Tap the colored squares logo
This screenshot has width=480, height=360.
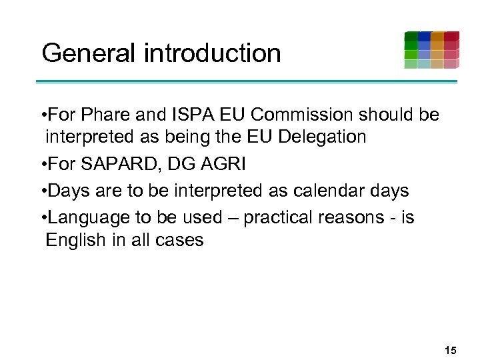(431, 50)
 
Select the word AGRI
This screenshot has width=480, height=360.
(221, 164)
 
